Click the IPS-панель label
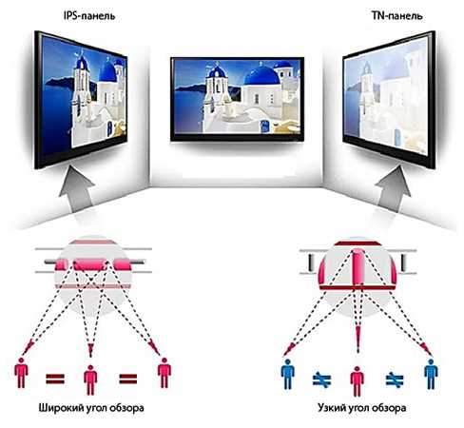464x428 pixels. click(89, 16)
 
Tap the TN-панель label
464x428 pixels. click(397, 16)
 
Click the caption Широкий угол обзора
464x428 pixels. click(91, 407)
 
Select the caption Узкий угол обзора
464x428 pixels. click(361, 407)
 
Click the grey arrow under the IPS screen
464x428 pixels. click(76, 189)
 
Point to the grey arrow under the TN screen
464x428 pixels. click(395, 189)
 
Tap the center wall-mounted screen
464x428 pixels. click(237, 99)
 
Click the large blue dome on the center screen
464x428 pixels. click(262, 75)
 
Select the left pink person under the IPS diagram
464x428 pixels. click(21, 373)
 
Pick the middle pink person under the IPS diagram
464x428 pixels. click(90, 380)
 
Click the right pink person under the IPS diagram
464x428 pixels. click(164, 373)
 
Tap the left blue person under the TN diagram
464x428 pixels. click(287, 375)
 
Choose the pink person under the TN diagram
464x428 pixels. click(358, 381)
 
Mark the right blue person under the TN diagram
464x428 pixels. click(431, 375)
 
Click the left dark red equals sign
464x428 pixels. click(55, 379)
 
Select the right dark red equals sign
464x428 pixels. click(128, 379)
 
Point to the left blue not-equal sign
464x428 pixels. click(322, 379)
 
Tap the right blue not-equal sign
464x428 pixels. click(395, 379)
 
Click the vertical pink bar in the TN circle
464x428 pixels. click(358, 267)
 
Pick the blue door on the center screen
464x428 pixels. click(263, 126)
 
